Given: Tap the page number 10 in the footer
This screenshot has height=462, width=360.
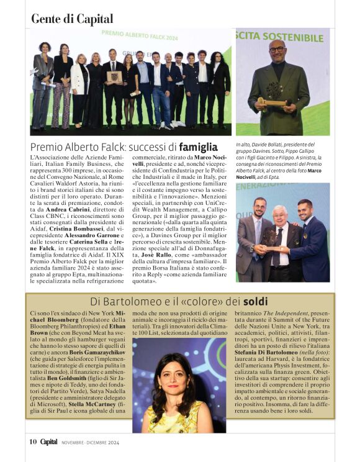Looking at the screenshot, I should [33, 442].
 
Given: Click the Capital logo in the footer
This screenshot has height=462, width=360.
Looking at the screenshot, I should [49, 442].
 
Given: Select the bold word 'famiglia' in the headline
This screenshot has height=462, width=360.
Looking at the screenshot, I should [198, 147].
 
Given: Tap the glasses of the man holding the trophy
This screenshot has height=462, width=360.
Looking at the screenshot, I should [277, 49].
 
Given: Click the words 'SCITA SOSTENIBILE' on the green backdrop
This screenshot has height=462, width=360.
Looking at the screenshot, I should [279, 37].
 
